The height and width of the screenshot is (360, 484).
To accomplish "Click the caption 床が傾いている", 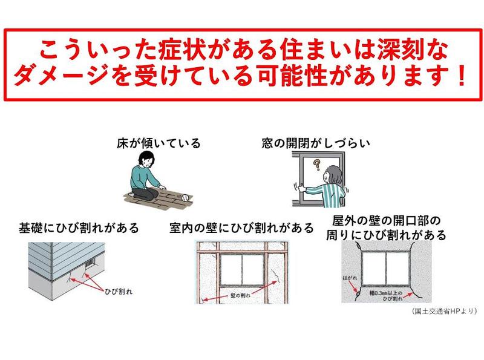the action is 159,143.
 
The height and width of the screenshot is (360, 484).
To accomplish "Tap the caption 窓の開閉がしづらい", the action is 316,143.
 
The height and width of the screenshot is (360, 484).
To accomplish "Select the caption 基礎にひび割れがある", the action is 79,228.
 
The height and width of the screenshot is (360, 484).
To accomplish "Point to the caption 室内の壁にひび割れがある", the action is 241,228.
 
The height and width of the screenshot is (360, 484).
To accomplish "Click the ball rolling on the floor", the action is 185,197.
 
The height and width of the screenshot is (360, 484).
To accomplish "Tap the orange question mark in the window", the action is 316,165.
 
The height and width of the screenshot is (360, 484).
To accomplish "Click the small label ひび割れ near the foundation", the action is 119,291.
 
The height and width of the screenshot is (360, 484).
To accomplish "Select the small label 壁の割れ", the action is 240,295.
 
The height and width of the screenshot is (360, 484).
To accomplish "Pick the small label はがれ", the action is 350,278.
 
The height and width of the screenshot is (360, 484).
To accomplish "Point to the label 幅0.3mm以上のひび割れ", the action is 386,295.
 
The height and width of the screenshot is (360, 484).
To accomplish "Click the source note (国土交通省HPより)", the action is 444,311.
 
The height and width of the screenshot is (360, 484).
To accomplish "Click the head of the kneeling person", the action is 145,160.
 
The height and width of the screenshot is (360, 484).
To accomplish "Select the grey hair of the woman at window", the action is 335,174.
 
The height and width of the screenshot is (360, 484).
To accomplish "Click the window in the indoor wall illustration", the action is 242,270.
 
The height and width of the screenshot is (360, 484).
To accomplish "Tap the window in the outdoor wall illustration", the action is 386,267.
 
